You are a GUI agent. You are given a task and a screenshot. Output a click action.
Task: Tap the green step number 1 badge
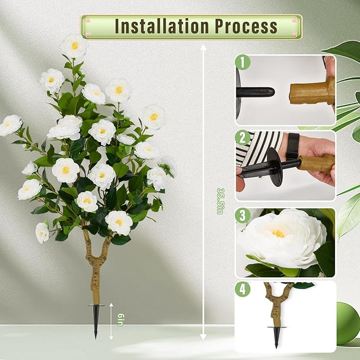(242, 63)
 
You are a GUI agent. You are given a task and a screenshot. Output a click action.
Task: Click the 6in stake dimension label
(121, 320)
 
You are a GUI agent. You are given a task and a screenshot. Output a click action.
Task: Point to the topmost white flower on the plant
(74, 46)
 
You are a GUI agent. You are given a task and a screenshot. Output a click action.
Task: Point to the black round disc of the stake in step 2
(275, 165)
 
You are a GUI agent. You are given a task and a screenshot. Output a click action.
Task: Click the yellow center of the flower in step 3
(278, 233)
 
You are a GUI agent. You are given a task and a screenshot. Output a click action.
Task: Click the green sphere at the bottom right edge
(348, 323)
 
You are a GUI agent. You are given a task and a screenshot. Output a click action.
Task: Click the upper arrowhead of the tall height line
(203, 48)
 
